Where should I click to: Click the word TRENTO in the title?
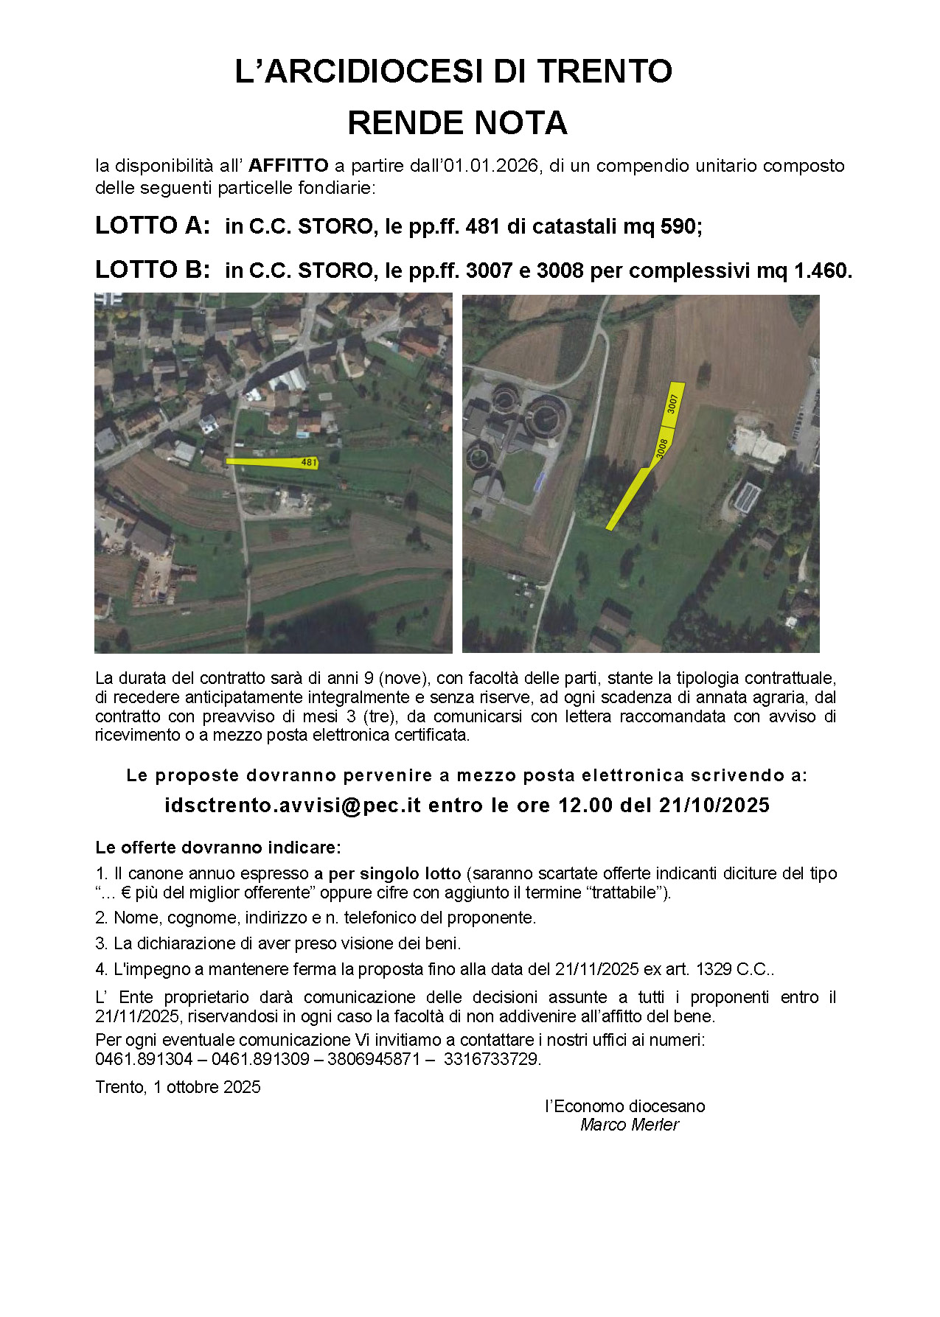pyautogui.click(x=604, y=71)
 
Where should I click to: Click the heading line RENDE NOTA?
pyautogui.click(x=457, y=123)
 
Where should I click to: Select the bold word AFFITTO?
pyautogui.click(x=288, y=165)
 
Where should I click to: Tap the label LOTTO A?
pyautogui.click(x=153, y=226)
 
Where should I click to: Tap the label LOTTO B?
pyautogui.click(x=153, y=270)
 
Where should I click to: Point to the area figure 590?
pyautogui.click(x=678, y=226)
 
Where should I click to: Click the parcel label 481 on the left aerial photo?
pyautogui.click(x=309, y=463)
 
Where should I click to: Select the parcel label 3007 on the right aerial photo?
pyautogui.click(x=672, y=404)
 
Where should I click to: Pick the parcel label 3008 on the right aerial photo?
pyautogui.click(x=661, y=448)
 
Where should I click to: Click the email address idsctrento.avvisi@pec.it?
pyautogui.click(x=293, y=805)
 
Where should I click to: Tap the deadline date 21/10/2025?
pyautogui.click(x=714, y=805)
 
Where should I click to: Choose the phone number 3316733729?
pyautogui.click(x=492, y=1059)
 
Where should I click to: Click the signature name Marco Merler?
pyautogui.click(x=629, y=1125)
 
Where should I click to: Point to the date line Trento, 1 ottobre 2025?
pyautogui.click(x=178, y=1087)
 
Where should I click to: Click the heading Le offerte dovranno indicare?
pyautogui.click(x=217, y=848)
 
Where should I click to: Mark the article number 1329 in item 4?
pyautogui.click(x=713, y=969)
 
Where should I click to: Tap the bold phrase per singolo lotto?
pyautogui.click(x=394, y=873)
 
